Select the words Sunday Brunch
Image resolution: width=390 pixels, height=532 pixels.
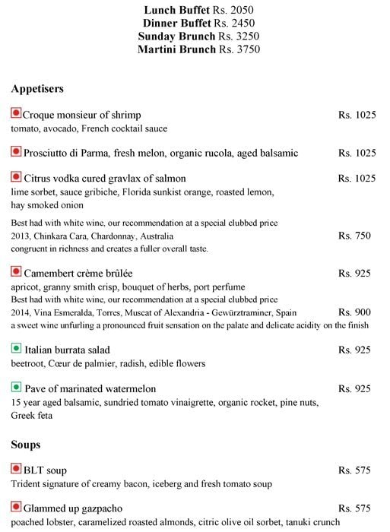point(172,36)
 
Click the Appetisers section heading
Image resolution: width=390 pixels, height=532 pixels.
point(37,88)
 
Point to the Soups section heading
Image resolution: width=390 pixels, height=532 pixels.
point(26,443)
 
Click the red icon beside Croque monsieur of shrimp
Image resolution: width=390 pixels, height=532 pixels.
point(16,114)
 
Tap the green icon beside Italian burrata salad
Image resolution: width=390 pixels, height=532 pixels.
point(16,349)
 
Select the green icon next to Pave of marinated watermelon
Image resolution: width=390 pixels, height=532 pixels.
point(16,388)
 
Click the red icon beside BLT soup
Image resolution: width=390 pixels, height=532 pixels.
point(16,470)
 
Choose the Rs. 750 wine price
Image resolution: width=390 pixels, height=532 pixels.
point(354,236)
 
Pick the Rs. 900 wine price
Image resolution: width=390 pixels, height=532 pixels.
point(354,312)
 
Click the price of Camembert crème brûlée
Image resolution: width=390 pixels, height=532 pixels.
point(354,272)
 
